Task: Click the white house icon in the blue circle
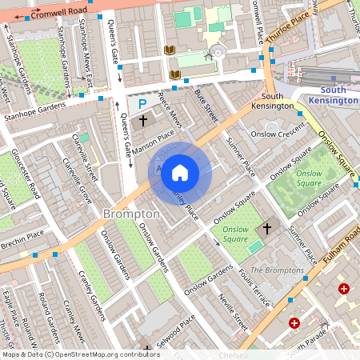point(180,172)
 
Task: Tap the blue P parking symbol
point(142,103)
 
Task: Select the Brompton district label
point(131,214)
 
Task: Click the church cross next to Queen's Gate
point(143,122)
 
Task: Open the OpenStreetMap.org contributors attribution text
point(80,354)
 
